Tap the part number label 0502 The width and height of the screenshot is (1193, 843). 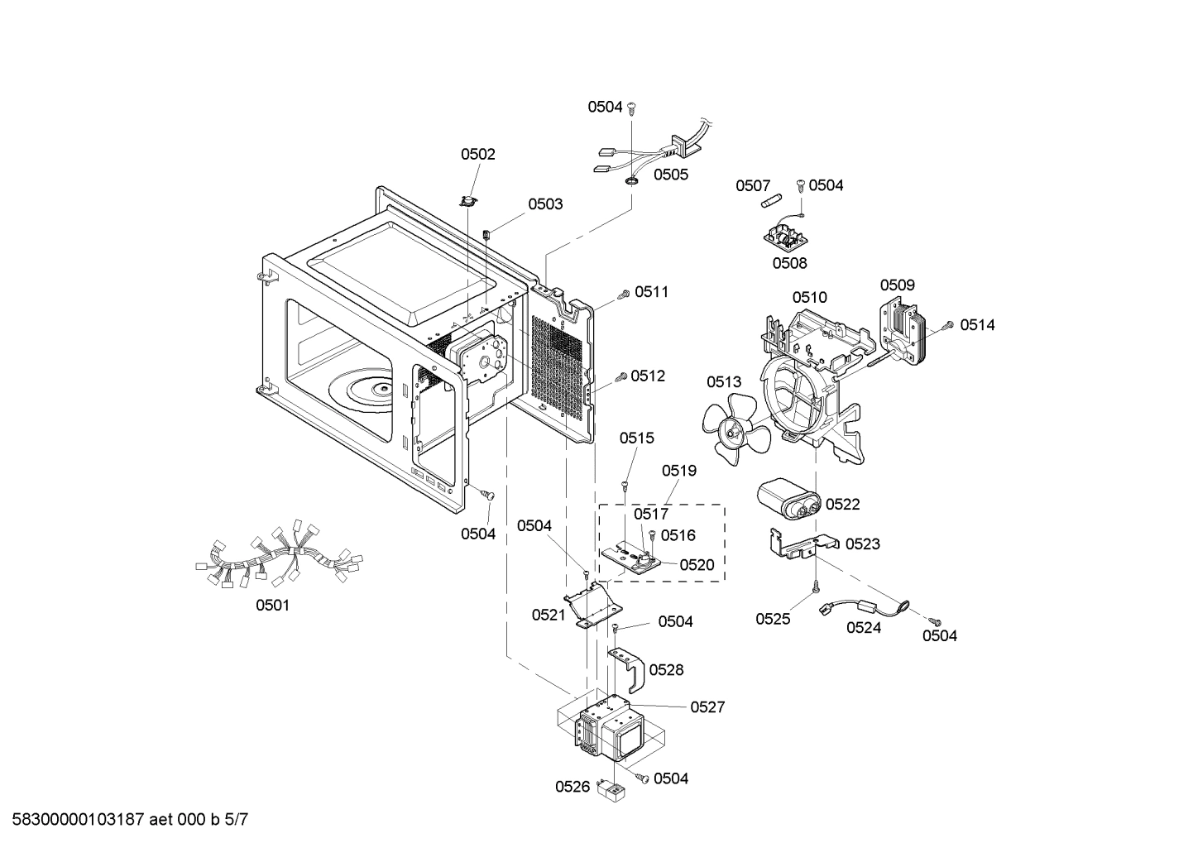click(478, 154)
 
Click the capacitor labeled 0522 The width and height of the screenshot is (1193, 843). click(790, 500)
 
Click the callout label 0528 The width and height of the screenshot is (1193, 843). click(666, 669)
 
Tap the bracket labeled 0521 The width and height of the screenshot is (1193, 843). click(592, 606)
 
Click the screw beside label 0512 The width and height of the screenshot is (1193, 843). click(620, 378)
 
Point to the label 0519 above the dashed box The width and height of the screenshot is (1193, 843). click(679, 471)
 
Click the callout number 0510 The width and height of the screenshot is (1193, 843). click(809, 297)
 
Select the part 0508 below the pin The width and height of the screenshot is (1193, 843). click(783, 239)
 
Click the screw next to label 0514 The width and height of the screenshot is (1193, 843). click(951, 325)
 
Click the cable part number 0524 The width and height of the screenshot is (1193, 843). click(863, 627)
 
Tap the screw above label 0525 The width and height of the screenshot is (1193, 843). click(816, 586)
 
